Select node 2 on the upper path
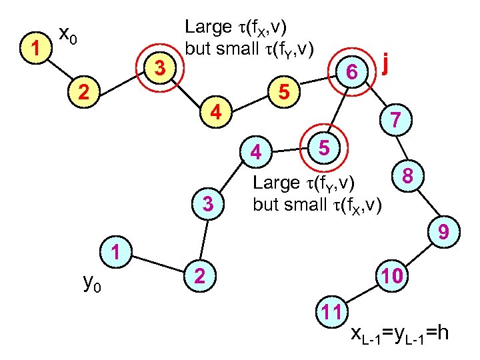pyautogui.click(x=83, y=93)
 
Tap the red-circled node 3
pyautogui.click(x=159, y=68)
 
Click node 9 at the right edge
pyautogui.click(x=442, y=231)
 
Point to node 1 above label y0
pyautogui.click(x=116, y=253)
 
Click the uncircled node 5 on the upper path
pyautogui.click(x=284, y=94)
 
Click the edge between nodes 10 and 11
pyautogui.click(x=360, y=294)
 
